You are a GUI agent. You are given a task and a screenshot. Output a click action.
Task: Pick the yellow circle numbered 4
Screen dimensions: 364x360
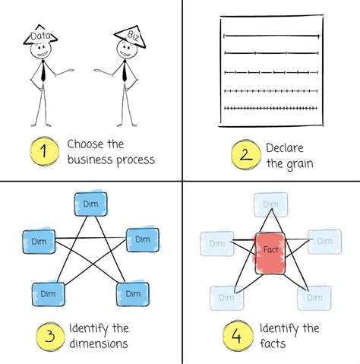236,336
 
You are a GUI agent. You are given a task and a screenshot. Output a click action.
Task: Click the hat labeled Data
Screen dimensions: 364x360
40,36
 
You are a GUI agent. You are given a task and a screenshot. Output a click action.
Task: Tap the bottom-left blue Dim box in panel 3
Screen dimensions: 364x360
47,293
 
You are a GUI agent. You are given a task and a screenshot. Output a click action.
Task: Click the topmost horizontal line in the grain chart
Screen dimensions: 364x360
271,36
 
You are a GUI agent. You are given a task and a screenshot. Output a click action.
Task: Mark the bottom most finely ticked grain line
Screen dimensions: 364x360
271,109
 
